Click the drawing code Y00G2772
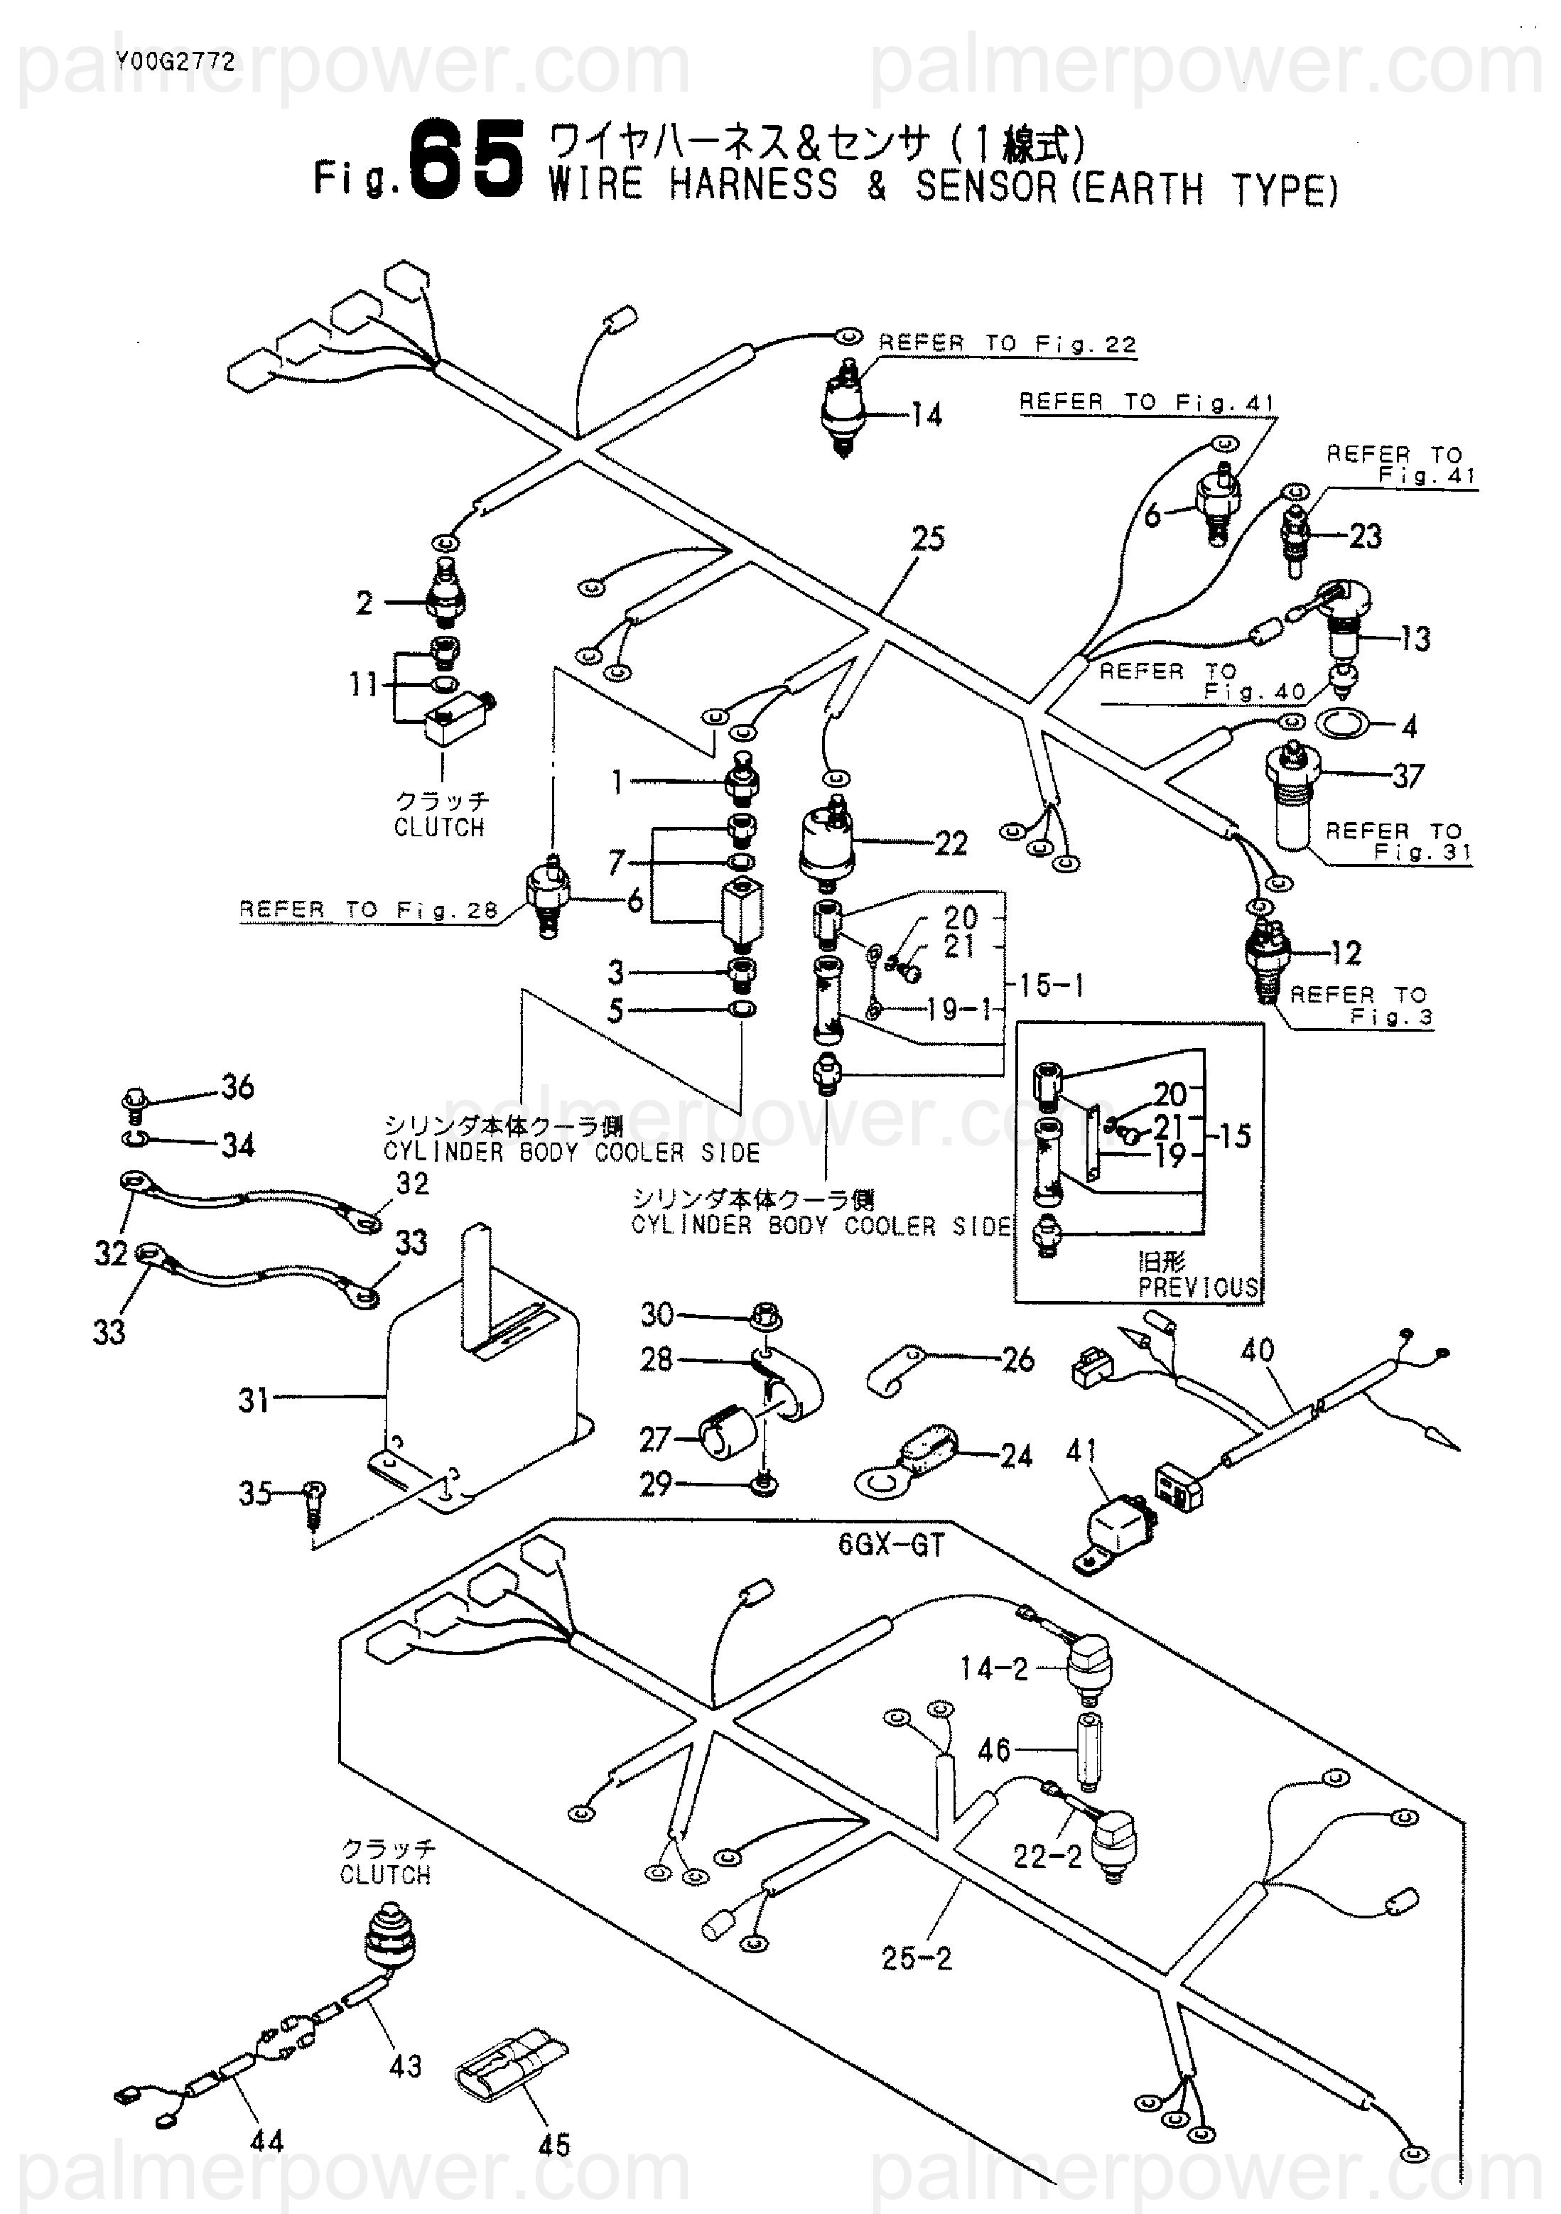(x=175, y=63)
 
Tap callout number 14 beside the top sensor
(x=926, y=416)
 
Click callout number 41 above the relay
(x=1082, y=1450)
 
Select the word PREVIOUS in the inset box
(x=1199, y=1287)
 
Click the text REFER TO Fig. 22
(x=1008, y=344)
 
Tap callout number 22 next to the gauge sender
(x=951, y=844)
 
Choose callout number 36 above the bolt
(x=237, y=1088)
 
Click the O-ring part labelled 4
(x=1341, y=722)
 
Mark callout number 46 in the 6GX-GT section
(x=994, y=1750)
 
